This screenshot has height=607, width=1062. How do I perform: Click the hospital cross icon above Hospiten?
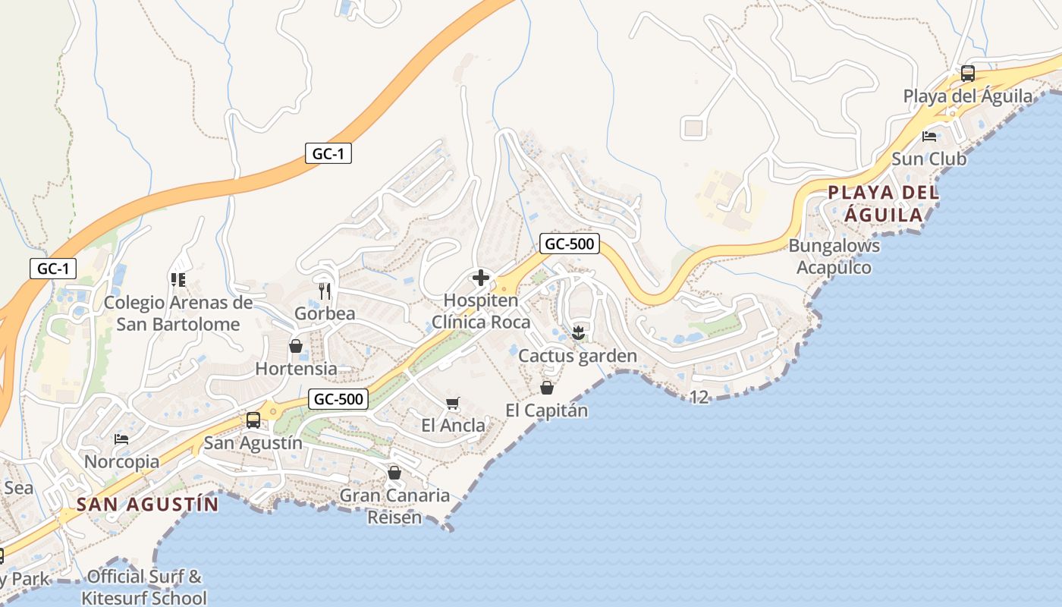coord(481,278)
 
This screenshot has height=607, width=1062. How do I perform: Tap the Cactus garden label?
coord(577,356)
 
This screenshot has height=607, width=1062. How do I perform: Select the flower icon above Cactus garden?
coord(578,332)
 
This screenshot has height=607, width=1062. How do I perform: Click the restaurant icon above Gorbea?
coord(325,291)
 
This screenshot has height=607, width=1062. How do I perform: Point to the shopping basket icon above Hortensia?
coord(296,347)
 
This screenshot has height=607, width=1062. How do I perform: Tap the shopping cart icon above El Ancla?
coord(453,403)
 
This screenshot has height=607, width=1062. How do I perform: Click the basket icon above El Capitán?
coord(547,388)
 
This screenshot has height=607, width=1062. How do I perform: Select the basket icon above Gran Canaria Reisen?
coord(394,473)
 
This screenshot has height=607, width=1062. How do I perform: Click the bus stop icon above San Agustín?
coord(253,420)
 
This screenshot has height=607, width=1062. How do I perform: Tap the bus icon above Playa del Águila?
coord(968,74)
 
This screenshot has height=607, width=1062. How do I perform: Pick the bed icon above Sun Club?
coord(929,137)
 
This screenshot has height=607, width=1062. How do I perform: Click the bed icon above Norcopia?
coord(121,439)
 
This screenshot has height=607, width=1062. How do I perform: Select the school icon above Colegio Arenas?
coord(178,280)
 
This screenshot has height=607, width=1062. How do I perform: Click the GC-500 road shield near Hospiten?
coord(570,244)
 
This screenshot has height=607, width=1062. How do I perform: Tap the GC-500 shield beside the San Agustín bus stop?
coord(339,398)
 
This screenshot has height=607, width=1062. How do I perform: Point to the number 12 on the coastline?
coord(699,397)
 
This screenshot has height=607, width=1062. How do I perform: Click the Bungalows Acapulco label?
coord(834,256)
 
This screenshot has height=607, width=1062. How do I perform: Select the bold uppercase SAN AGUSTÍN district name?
coord(148,505)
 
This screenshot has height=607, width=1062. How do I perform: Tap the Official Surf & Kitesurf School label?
coord(144,587)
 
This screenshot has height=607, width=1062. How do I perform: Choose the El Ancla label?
coord(454,426)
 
